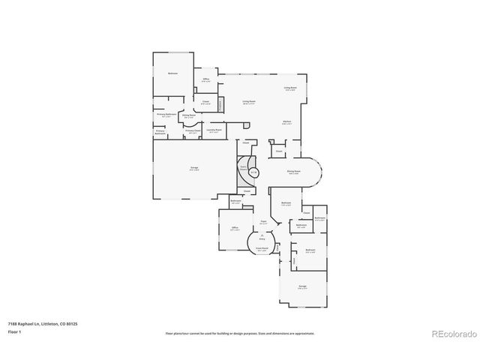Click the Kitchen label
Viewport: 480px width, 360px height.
(286, 122)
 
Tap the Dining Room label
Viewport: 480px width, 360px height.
(295, 171)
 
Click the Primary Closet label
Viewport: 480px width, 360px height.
(193, 130)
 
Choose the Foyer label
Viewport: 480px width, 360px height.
(263, 222)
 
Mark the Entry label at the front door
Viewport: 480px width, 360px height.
(262, 236)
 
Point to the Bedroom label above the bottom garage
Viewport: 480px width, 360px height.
(310, 250)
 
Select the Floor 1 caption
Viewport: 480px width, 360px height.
(14, 331)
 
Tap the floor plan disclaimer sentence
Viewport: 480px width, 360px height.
(240, 333)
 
